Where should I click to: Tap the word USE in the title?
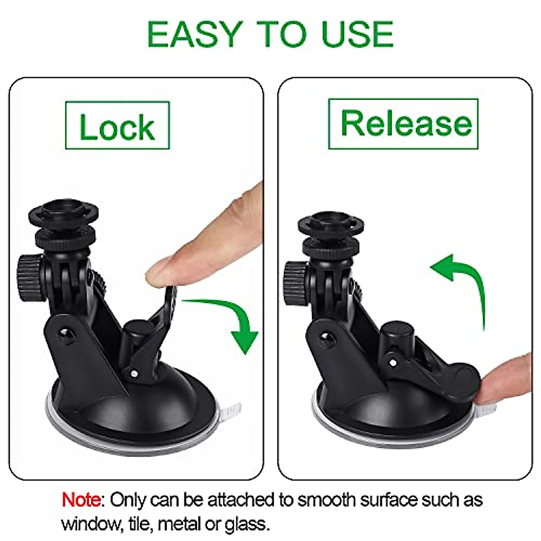click(x=357, y=34)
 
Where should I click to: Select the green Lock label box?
click(x=117, y=125)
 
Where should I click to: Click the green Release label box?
click(x=403, y=124)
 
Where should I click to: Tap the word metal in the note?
click(x=180, y=524)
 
